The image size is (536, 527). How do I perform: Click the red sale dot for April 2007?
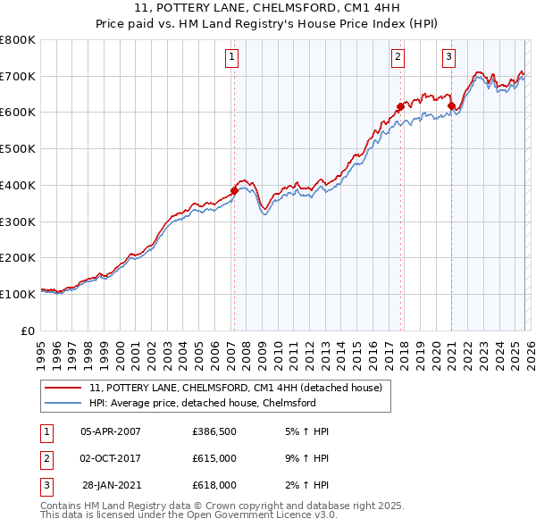234,190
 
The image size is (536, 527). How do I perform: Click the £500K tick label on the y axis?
18,149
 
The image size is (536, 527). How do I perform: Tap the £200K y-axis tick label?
18,258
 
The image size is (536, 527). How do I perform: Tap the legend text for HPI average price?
203,403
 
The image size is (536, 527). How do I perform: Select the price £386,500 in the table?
214,431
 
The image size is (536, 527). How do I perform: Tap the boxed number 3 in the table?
45,485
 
